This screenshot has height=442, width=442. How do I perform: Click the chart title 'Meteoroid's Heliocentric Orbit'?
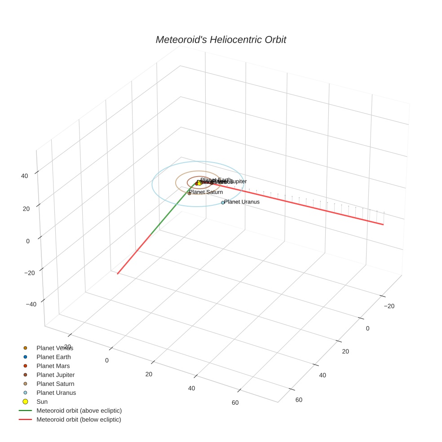(x=221, y=40)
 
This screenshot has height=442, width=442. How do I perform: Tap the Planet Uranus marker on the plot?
(x=223, y=203)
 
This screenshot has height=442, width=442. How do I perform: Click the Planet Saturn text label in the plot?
(x=206, y=192)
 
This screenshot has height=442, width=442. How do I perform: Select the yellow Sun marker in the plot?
(x=199, y=183)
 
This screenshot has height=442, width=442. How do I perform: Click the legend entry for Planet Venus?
(x=55, y=348)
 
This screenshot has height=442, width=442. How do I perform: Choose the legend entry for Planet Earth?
(x=53, y=357)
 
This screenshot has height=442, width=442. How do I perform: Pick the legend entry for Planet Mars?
(x=53, y=366)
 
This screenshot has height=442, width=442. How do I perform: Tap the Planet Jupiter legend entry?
(x=55, y=375)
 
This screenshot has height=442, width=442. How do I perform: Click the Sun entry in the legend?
(x=42, y=402)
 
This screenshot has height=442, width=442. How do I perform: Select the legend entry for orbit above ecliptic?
(x=79, y=411)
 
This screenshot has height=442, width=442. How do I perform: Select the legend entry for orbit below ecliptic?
(x=79, y=420)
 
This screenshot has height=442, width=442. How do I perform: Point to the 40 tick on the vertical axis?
(x=25, y=176)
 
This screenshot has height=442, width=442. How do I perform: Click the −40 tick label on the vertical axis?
(x=31, y=304)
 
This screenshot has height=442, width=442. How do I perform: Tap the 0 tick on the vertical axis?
(x=28, y=241)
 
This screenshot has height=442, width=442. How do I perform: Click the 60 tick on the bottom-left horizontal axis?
(x=235, y=402)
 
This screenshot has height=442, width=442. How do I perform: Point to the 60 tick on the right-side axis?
(x=299, y=400)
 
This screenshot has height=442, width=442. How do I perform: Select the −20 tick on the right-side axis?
(x=389, y=306)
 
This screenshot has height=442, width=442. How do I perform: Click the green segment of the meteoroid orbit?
(x=171, y=211)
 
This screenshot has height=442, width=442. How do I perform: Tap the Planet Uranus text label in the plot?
(x=242, y=202)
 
